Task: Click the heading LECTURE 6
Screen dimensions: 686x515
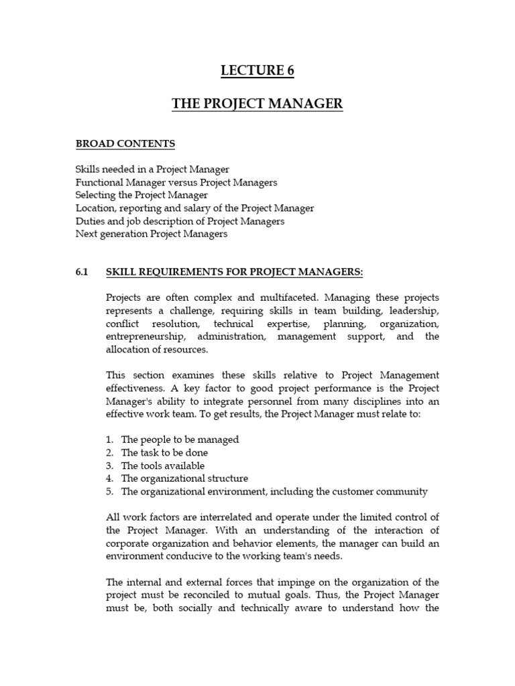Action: (x=257, y=72)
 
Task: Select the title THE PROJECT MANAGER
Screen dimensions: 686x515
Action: (x=257, y=104)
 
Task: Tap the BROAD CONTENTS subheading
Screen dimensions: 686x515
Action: (x=125, y=144)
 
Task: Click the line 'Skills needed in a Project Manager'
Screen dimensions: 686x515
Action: (x=152, y=169)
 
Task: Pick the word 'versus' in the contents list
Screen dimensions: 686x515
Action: (x=184, y=182)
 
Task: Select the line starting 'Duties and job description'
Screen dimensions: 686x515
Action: (x=180, y=221)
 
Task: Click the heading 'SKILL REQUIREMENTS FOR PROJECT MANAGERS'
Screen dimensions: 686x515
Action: (x=235, y=272)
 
